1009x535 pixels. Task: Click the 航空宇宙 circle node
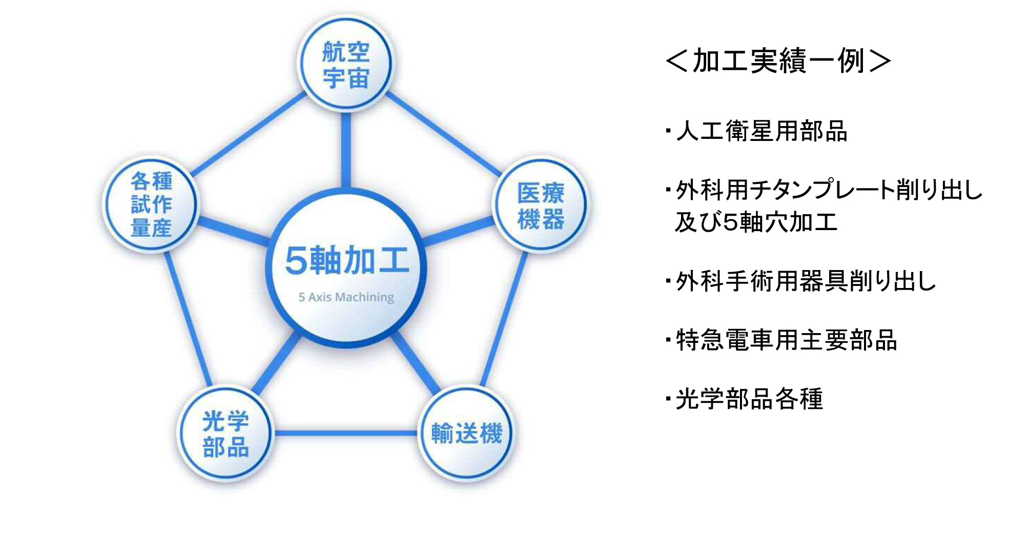346,64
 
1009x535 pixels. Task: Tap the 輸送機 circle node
466,433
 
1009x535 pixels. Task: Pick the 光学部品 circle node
225,433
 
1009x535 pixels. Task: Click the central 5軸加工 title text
347,260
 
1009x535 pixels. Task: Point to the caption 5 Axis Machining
346,297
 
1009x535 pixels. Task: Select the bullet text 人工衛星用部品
761,131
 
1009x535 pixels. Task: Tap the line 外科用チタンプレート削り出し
829,190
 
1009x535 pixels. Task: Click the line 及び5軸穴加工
756,222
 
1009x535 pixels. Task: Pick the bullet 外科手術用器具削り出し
806,281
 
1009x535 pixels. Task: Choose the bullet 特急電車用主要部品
787,340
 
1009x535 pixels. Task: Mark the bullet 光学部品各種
749,399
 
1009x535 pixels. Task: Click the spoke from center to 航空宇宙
346,150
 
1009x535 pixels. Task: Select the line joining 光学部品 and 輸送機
346,433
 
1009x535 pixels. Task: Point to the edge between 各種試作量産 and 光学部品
188,319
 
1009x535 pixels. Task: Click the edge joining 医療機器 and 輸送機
504,319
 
